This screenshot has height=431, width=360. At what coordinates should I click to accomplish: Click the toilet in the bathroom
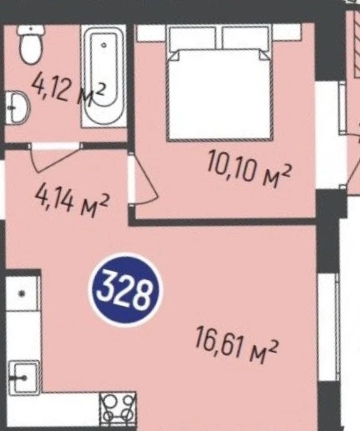pos(31,45)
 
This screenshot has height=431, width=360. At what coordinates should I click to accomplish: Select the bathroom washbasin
pos(18,107)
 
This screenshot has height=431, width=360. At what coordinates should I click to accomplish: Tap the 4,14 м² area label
pos(72,202)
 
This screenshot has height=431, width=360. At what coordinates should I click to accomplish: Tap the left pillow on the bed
pos(193,38)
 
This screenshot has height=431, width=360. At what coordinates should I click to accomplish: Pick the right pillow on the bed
pos(245,38)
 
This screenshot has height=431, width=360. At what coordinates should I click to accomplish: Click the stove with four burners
pos(118,410)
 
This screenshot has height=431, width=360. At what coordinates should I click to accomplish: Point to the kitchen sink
pos(23,378)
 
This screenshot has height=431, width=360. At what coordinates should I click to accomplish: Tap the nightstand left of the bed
pos(151,33)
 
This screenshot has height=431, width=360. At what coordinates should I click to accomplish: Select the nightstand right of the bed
pos(286,32)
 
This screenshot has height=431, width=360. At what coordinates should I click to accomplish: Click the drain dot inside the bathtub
pos(104,45)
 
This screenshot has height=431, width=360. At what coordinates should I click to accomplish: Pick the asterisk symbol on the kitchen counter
pos(22,294)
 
